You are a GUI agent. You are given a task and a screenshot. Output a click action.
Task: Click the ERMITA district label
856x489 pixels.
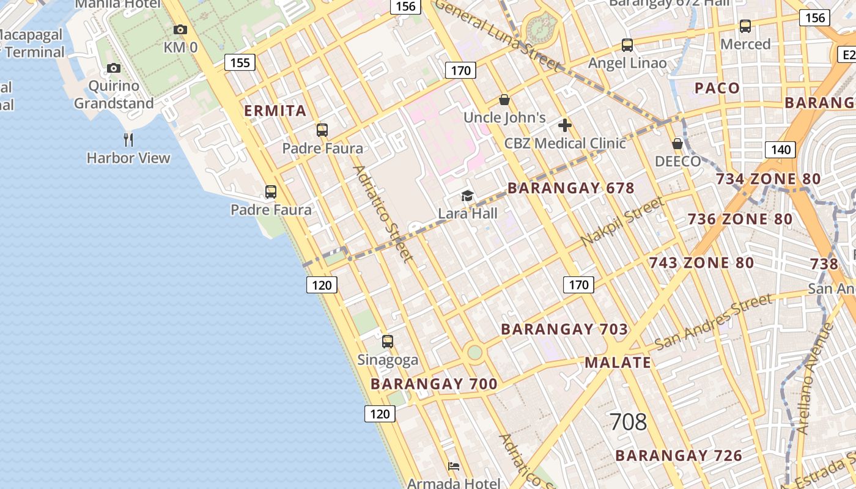point(275,111)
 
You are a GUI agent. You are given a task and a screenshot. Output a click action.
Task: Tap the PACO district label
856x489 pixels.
point(717,88)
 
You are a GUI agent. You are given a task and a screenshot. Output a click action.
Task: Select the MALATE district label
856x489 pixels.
point(618,362)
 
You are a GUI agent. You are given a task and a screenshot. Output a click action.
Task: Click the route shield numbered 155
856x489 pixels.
point(240,62)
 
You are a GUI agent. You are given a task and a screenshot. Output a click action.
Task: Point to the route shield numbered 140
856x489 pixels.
point(780,150)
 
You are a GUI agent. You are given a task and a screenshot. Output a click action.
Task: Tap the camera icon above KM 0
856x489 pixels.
point(180,29)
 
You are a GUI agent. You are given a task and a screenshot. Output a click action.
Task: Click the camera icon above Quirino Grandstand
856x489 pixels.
point(114,68)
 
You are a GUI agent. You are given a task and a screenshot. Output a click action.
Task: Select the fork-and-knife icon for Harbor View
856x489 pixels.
point(128,140)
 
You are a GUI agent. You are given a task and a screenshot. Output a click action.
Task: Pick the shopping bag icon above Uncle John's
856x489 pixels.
point(504,100)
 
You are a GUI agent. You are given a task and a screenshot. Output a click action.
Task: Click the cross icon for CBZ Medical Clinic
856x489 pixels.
point(565,126)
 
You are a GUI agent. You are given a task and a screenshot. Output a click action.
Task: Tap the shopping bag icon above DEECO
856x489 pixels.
point(677,144)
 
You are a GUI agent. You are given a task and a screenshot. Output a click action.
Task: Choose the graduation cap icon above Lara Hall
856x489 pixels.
point(468,196)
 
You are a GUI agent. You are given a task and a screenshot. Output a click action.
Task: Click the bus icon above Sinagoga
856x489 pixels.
point(388,342)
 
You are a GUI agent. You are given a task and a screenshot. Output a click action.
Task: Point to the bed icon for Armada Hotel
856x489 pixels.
point(454,466)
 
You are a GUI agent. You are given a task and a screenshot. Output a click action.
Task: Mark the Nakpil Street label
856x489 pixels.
point(622,221)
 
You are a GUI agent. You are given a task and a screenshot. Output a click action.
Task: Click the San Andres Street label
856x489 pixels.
point(714,321)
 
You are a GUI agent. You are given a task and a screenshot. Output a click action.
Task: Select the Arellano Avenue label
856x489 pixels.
point(816,379)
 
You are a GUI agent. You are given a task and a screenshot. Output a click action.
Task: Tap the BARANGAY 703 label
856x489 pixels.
point(564,329)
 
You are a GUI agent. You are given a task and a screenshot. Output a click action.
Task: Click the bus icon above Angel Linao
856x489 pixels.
point(627,45)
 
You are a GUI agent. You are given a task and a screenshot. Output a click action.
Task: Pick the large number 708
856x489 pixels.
point(628,422)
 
